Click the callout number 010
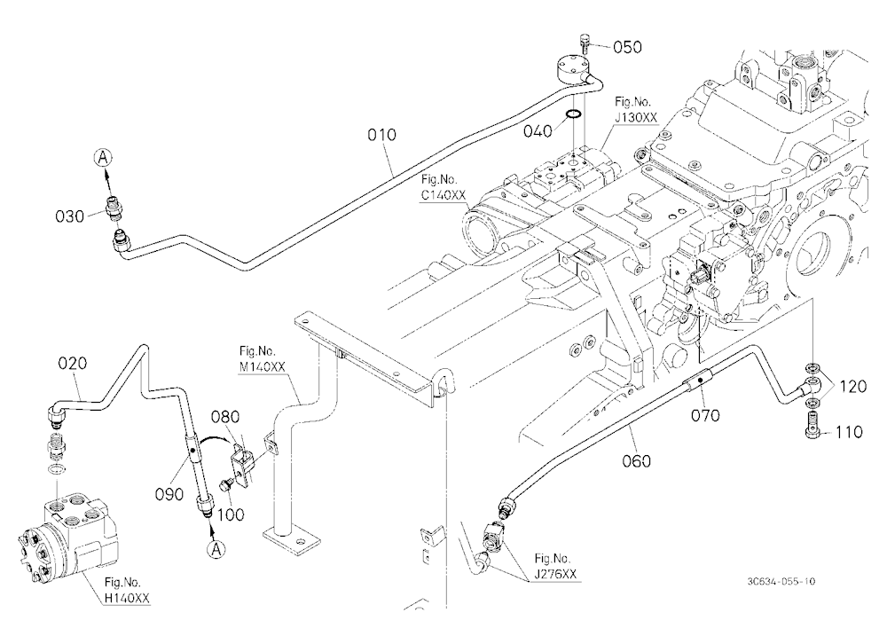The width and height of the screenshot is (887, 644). click(x=381, y=135)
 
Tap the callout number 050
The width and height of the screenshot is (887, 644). click(x=627, y=47)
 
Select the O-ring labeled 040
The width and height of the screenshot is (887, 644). click(x=573, y=115)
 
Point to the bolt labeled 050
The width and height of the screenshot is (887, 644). click(x=585, y=42)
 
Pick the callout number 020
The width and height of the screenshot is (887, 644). click(x=73, y=363)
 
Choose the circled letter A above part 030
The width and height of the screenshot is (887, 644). click(x=102, y=157)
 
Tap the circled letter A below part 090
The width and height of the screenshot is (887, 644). click(x=216, y=548)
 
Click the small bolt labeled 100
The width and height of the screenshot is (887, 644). click(x=226, y=484)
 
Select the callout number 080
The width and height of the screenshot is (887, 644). click(x=225, y=417)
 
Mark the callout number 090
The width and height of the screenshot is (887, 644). click(x=169, y=494)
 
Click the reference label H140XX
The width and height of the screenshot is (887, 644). click(x=127, y=598)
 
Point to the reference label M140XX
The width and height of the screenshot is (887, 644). click(x=262, y=366)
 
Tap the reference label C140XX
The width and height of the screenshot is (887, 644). click(x=443, y=195)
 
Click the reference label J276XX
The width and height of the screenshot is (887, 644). click(x=555, y=574)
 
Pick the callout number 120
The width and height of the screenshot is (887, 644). click(x=852, y=387)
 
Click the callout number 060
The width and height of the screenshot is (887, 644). click(x=636, y=461)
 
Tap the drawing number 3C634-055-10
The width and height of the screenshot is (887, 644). click(x=781, y=581)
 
